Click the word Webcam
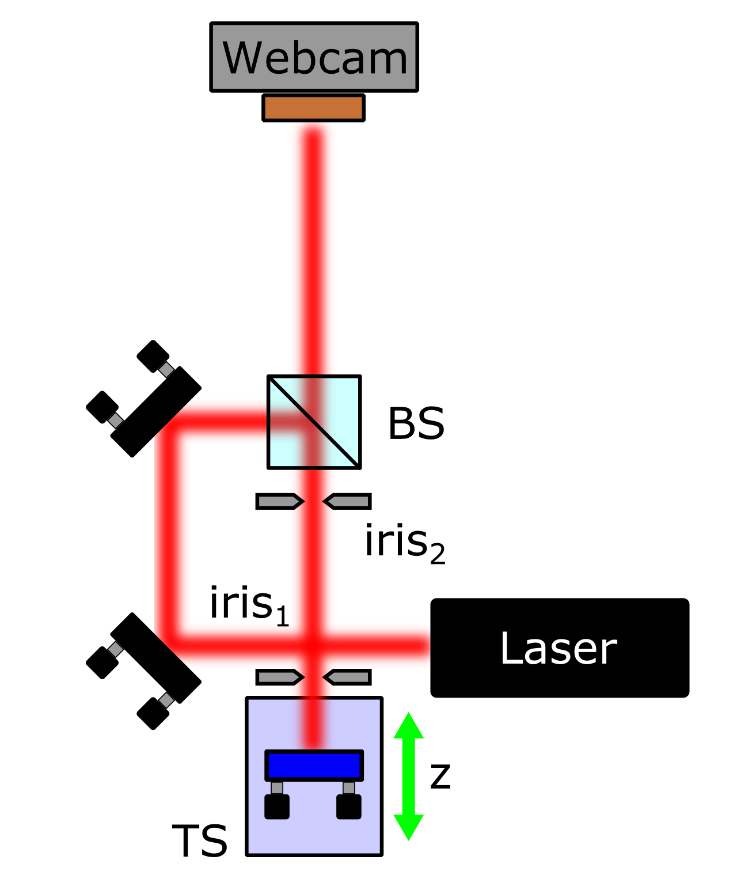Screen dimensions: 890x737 (314, 58)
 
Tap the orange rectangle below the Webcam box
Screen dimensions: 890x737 (313, 108)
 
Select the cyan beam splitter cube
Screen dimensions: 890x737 (340, 403)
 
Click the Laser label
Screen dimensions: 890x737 (558, 649)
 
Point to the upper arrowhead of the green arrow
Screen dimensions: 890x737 (409, 726)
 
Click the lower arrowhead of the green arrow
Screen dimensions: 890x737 (409, 827)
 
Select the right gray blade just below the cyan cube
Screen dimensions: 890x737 (348, 502)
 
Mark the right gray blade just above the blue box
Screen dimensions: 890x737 (348, 677)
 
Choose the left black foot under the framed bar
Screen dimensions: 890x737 (277, 806)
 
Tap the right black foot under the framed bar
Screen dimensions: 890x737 (349, 806)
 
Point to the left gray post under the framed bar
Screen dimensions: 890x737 (277, 787)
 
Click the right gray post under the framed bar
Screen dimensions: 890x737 (349, 787)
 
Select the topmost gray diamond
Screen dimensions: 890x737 (166, 370)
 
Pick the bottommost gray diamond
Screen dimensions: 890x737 (166, 700)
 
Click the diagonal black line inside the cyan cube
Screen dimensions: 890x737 (314, 422)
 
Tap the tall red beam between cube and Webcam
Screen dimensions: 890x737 (313, 248)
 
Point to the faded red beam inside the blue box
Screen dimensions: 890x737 (314, 723)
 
